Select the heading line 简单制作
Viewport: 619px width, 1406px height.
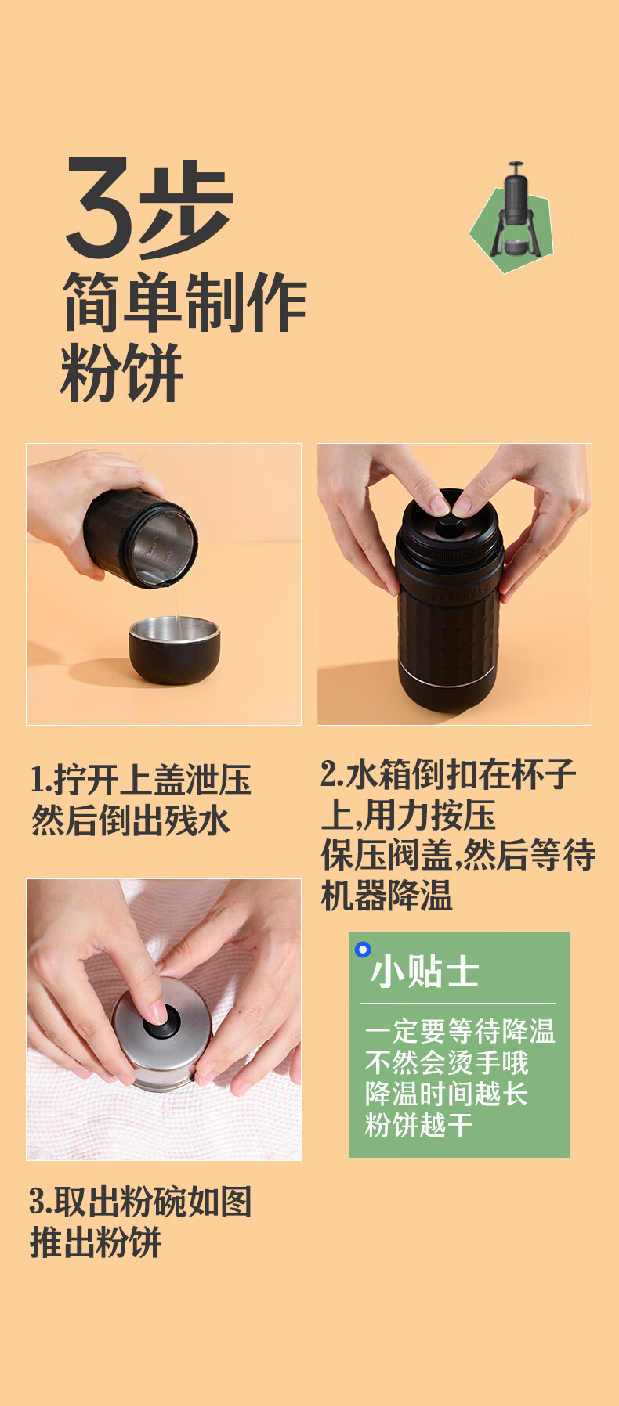[184, 303]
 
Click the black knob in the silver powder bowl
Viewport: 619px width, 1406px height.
[161, 1022]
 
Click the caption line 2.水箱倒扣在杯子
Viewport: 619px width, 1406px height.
[449, 774]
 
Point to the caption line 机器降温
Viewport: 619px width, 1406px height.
[387, 896]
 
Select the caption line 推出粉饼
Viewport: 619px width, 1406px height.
[96, 1242]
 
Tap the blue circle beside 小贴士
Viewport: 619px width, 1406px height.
[363, 950]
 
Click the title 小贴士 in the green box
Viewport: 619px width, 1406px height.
[425, 973]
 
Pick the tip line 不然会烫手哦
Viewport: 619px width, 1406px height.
[447, 1062]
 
